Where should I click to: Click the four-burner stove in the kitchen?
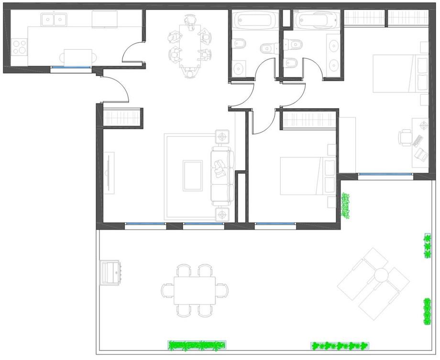click(20, 47)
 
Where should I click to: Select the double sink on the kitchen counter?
click(54, 20)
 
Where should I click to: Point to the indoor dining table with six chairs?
click(190, 46)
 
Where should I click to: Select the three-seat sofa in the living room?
click(222, 175)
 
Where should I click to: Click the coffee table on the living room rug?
click(192, 176)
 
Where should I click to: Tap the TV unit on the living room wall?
click(110, 173)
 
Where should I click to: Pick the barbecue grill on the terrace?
click(110, 273)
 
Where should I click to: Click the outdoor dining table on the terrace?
click(194, 290)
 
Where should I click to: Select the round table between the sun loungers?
click(381, 275)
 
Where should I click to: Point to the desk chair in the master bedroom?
click(405, 138)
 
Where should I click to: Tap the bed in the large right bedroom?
click(397, 74)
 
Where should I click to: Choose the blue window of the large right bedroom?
click(385, 175)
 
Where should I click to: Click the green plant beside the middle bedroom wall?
click(345, 205)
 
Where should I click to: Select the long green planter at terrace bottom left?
click(197, 344)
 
